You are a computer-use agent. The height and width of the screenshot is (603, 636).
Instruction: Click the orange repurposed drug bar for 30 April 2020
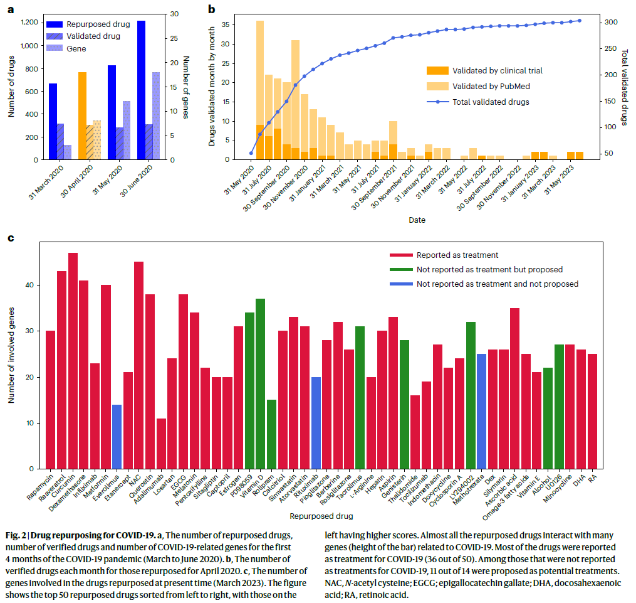82,116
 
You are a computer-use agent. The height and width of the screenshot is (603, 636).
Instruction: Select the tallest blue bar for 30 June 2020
142,90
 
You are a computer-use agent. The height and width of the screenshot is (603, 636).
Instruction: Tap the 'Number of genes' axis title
186,87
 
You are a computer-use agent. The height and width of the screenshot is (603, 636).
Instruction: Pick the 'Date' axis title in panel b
417,220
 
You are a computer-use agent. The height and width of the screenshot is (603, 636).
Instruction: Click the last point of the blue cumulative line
579,21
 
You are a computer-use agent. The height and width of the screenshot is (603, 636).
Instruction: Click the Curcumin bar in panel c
73,361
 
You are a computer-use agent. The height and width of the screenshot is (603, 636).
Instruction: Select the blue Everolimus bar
117,436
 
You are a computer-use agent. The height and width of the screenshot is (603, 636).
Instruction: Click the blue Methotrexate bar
481,411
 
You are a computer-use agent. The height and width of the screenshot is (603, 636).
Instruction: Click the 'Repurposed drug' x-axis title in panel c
321,516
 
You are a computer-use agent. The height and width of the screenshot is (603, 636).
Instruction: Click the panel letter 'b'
212,9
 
